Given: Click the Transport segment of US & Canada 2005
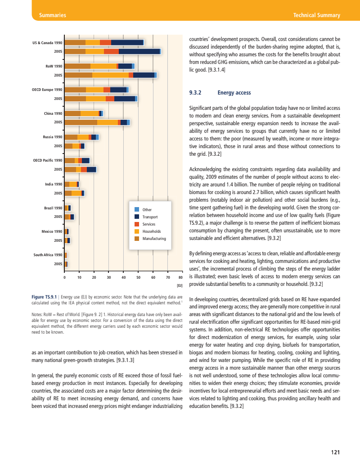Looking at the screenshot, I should (x=139, y=51).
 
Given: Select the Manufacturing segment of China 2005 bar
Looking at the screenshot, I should (x=81, y=122).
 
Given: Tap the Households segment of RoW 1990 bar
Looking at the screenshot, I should (x=103, y=66).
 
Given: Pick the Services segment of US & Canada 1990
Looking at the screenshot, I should (x=105, y=42).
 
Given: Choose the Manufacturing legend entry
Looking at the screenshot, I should (x=154, y=239).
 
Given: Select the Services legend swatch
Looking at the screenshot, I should (x=137, y=224).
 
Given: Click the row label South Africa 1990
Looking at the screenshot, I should (x=48, y=255).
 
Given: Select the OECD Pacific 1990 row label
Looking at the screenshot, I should (x=48, y=160).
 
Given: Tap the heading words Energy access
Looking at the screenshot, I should (x=234, y=93).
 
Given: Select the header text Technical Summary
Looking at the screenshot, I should (x=316, y=15).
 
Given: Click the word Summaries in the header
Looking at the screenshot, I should (x=53, y=15).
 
